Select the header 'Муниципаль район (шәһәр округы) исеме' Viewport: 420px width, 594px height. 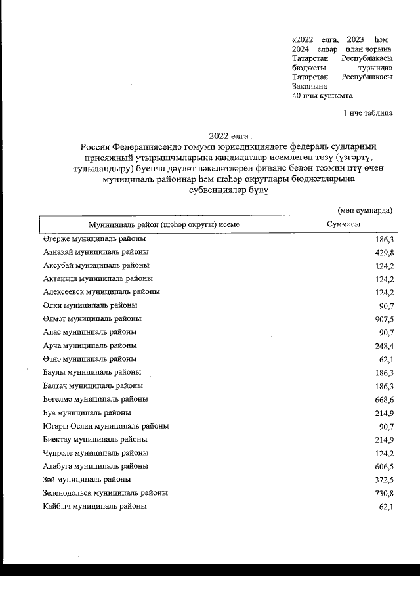164,224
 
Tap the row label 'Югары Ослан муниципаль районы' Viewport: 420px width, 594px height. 106,426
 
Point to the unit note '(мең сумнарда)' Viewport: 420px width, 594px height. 365,210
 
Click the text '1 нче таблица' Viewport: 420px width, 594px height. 368,113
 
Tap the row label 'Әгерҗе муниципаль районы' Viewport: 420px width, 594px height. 94,239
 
